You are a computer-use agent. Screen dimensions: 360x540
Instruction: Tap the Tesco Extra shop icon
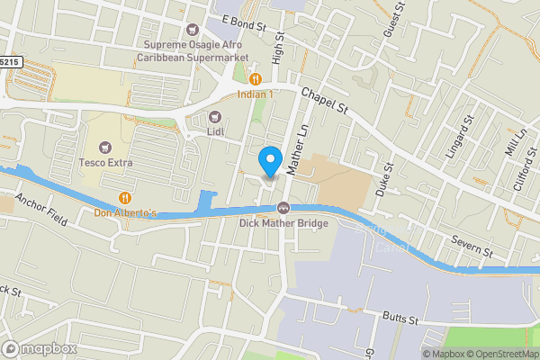[x=106, y=148]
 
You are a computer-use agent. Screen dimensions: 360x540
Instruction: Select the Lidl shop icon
[x=215, y=116]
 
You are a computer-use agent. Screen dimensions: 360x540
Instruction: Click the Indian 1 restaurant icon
[x=256, y=78]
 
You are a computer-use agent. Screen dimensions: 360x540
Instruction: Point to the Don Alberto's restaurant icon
[x=125, y=198]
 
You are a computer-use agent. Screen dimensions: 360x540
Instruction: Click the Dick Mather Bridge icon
[x=283, y=208]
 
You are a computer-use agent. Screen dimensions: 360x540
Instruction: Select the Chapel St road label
[x=324, y=100]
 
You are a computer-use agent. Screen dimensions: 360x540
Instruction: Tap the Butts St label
[x=400, y=319]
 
